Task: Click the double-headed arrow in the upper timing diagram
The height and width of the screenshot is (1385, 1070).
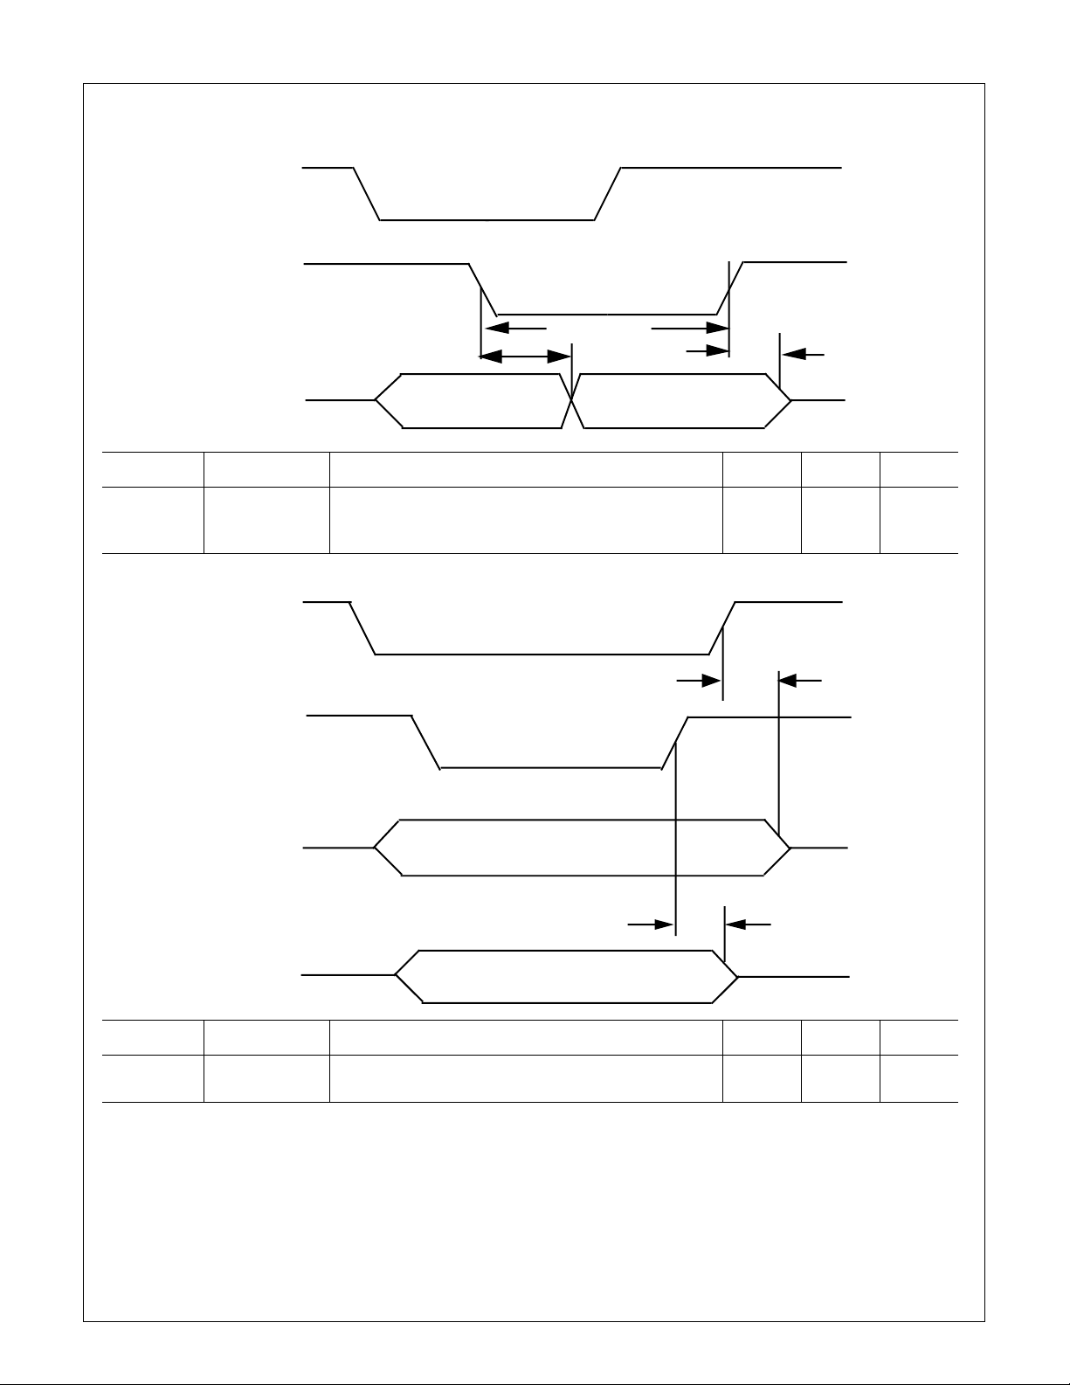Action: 525,356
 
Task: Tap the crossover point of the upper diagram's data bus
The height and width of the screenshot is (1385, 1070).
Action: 572,400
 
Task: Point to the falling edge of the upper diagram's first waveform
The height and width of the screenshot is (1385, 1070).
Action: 367,193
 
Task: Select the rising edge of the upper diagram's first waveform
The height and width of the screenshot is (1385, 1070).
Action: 607,193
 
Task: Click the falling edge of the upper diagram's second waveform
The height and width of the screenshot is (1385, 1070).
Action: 483,287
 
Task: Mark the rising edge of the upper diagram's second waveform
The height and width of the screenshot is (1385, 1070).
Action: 729,287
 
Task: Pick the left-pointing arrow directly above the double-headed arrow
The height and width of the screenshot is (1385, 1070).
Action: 515,329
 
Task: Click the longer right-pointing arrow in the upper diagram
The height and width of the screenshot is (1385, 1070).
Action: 690,329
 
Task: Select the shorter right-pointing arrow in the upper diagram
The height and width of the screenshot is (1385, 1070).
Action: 708,351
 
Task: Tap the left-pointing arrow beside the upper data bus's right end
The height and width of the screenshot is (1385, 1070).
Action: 803,354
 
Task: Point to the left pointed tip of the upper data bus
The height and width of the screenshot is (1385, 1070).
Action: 376,400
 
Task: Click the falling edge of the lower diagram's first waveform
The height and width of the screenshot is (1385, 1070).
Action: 362,627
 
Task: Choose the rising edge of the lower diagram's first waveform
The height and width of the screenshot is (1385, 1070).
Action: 721,627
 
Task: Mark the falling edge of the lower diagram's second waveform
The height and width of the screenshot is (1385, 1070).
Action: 425,742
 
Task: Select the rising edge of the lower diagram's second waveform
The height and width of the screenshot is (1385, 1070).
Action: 675,742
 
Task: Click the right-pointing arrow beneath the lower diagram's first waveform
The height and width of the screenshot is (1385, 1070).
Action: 698,681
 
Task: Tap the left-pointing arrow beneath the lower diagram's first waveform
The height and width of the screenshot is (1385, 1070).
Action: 799,679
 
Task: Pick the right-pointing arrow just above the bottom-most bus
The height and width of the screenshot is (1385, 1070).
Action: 651,924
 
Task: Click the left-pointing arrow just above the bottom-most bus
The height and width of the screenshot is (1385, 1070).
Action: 748,924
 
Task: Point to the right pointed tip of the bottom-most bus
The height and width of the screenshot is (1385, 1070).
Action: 739,975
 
